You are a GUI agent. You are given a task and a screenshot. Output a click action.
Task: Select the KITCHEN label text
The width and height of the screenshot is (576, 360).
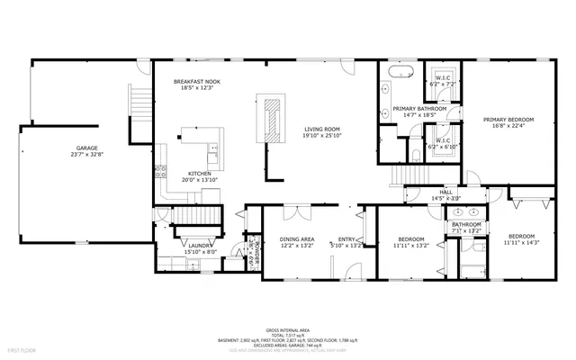(x=200, y=173)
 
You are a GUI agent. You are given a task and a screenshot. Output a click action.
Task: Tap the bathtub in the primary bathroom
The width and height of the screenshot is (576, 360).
(x=400, y=70)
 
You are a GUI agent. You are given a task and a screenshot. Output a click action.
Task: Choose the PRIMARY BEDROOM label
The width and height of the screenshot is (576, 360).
(x=508, y=120)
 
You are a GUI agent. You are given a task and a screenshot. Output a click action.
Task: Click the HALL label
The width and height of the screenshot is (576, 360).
(x=446, y=193)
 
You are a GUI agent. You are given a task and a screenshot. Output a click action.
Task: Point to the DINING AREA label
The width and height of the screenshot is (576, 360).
(x=296, y=239)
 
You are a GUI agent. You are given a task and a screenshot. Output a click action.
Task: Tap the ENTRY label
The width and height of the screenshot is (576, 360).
(x=346, y=239)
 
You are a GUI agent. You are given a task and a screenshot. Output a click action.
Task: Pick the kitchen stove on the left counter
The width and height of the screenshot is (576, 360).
(x=160, y=169)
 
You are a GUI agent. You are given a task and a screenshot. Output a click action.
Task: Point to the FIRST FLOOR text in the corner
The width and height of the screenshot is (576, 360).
(x=20, y=347)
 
